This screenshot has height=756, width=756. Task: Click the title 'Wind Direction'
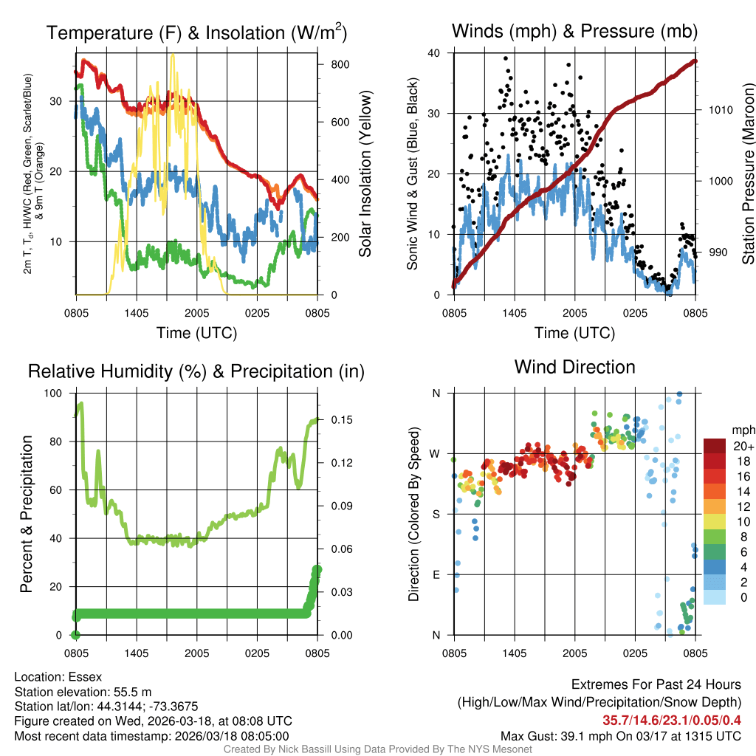(574, 367)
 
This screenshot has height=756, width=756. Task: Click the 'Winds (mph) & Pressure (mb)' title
(574, 32)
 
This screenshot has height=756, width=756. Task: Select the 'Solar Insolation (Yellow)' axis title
(365, 174)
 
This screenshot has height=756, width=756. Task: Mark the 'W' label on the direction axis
(436, 453)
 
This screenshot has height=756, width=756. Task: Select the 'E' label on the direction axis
(436, 574)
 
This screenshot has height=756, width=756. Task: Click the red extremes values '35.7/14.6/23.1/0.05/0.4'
(672, 721)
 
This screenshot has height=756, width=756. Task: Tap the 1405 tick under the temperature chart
(137, 312)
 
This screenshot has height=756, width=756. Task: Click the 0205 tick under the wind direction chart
(635, 653)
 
